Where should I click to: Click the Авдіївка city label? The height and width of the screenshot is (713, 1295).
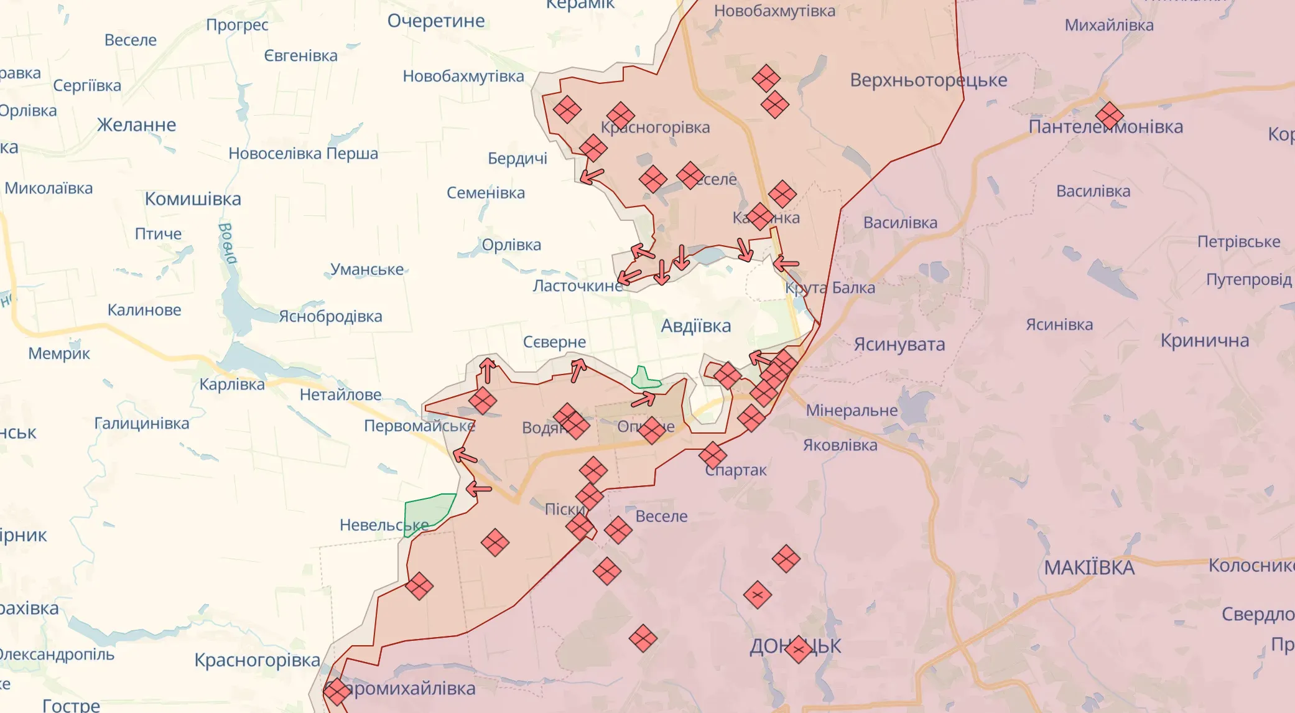coord(695,326)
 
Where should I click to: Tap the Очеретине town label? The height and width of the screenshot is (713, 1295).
coord(435,21)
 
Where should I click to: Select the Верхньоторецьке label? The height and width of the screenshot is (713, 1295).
coord(928,80)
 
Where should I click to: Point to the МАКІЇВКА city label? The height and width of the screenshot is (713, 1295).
coord(1088,567)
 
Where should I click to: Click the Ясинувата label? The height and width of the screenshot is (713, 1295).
coord(899,344)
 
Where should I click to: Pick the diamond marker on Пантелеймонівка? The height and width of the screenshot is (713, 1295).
coord(1109,116)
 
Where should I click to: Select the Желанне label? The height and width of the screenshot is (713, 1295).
coord(136,125)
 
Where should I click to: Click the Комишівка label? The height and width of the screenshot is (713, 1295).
coord(193,199)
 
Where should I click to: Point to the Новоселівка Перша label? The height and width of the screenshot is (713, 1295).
coord(303,154)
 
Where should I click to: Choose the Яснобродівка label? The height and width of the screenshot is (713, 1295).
coord(330,317)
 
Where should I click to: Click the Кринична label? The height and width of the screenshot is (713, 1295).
coord(1204,341)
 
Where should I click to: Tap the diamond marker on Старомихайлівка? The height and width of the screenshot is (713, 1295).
coord(337,691)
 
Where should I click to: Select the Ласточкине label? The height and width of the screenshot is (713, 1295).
coord(577,286)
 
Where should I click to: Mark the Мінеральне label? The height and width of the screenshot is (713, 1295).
coord(852,411)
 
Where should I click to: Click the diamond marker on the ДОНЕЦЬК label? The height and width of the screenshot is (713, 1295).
coord(798,649)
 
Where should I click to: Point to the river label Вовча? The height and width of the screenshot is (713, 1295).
coord(227,243)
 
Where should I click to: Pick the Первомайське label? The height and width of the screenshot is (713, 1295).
coord(419,426)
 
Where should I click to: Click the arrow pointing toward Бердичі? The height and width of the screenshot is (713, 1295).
coord(592,176)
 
